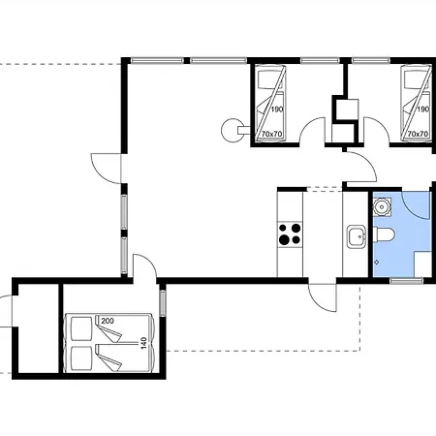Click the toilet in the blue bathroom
[384, 234]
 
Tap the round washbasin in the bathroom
[382, 207]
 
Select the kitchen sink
[357, 236]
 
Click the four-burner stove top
[290, 234]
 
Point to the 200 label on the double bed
[108, 321]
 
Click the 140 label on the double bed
[144, 343]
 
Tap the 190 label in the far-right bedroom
[422, 109]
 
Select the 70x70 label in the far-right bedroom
[418, 134]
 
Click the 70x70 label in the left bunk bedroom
[272, 134]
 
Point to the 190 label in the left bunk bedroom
[277, 109]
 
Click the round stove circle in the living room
[233, 130]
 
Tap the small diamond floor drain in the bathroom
[377, 263]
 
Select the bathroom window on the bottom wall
[406, 281]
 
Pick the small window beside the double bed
[163, 302]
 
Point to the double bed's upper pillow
[81, 328]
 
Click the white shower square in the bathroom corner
[422, 264]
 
